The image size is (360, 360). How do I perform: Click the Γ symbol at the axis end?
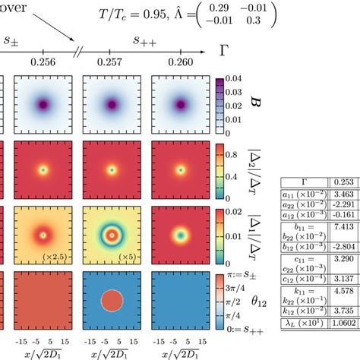tap(223, 52)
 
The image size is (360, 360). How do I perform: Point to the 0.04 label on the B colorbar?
tap(236, 80)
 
